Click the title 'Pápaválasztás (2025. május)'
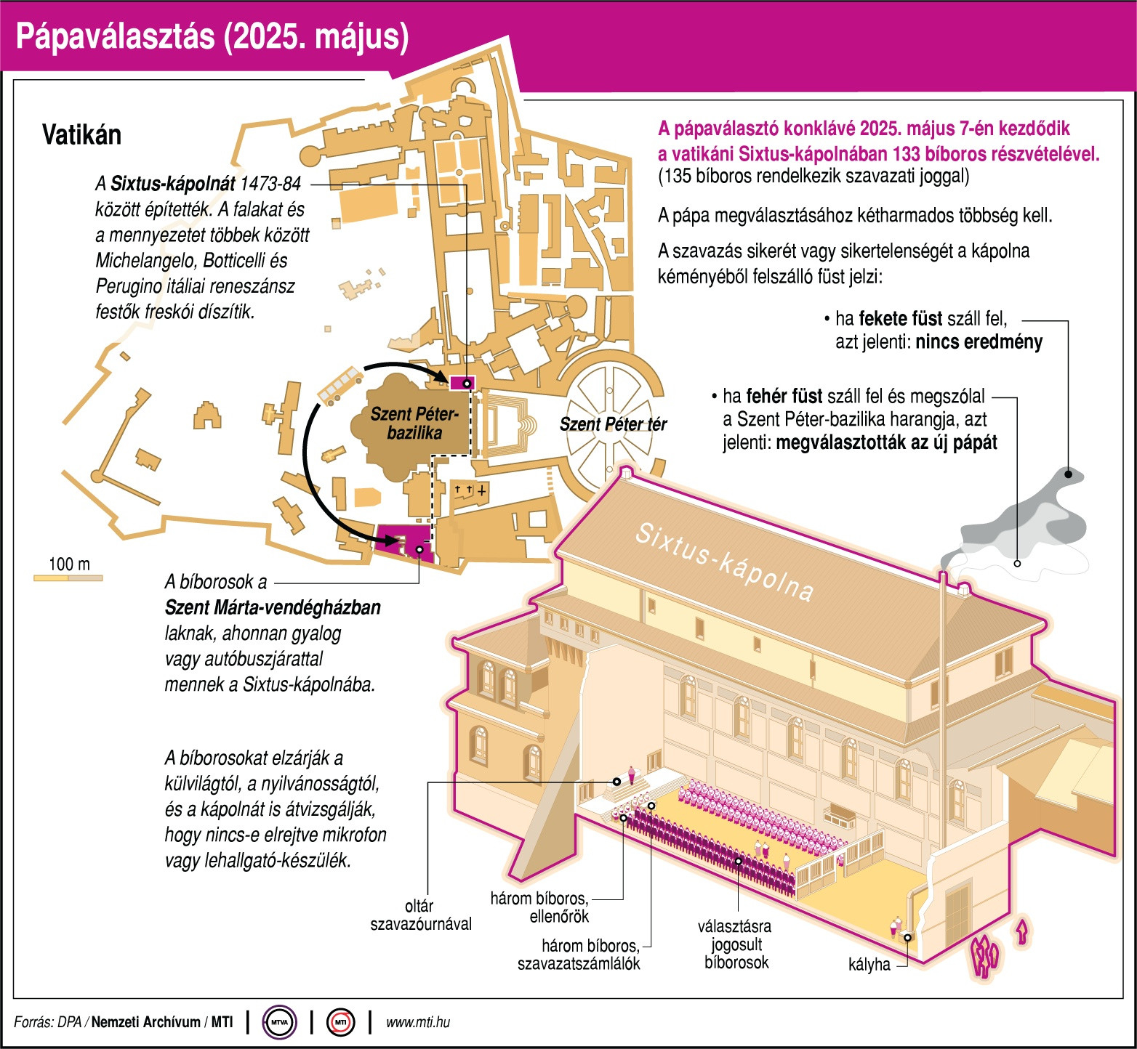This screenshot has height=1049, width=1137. tap(212, 37)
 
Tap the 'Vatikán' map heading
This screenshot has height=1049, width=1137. tap(81, 135)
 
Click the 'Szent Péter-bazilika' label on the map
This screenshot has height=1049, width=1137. tap(414, 424)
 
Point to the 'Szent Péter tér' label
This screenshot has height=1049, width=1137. tap(612, 424)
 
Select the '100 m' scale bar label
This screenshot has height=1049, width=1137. tap(69, 564)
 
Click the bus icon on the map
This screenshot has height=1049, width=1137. tap(340, 385)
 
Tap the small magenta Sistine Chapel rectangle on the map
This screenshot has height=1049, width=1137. tap(462, 383)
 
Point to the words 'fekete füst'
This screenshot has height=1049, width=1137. tap(901, 319)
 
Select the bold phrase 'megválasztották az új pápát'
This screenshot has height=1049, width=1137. tap(886, 442)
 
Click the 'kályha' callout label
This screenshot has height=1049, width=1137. tap(869, 965)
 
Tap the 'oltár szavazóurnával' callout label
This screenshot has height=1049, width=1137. tap(421, 915)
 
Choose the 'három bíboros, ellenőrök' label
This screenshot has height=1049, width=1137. tap(539, 907)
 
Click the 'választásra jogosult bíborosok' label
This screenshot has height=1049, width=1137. tap(735, 944)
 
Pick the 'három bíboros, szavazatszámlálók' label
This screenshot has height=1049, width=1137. tap(580, 955)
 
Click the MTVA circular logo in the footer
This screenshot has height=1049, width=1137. tap(279, 1022)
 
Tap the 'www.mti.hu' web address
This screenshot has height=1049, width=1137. tap(417, 1022)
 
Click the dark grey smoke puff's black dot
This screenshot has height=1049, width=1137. tap(1068, 474)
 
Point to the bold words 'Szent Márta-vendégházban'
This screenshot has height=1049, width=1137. tap(273, 607)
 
